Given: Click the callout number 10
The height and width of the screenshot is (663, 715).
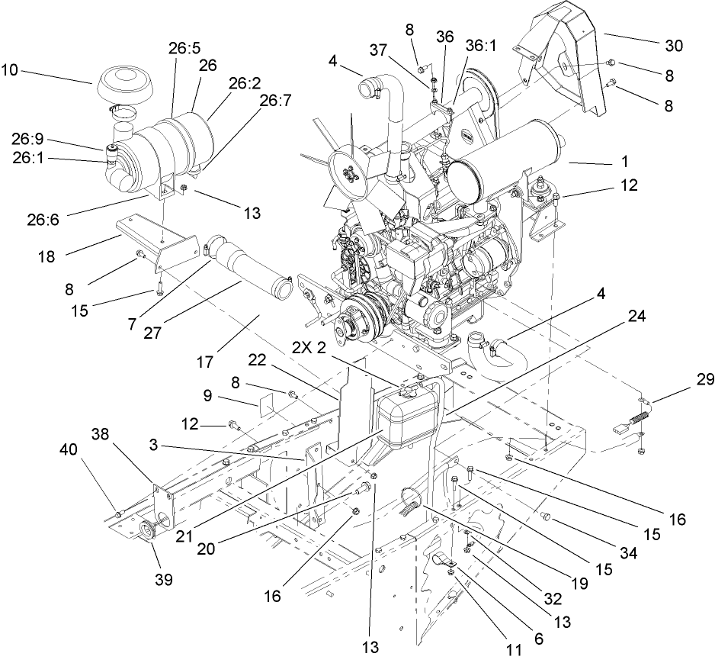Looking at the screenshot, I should (x=10, y=70).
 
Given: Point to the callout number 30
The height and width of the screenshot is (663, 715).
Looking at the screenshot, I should (x=674, y=45).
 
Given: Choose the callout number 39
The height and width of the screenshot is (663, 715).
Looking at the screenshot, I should (x=163, y=579).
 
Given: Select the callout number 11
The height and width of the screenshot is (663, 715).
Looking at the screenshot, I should (x=515, y=649).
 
